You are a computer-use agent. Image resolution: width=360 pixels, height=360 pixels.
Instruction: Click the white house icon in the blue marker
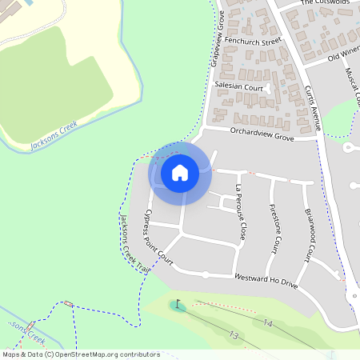[x=180, y=172]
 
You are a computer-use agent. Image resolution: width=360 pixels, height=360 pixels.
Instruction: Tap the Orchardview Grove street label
[x=262, y=134]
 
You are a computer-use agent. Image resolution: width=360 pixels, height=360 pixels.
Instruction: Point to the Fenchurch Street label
[x=254, y=39]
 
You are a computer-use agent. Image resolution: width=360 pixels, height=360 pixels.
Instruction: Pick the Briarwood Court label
[x=309, y=234]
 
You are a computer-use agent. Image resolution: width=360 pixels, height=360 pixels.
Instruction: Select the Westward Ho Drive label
[x=266, y=281]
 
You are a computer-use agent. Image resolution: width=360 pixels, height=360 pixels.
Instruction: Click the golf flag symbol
[x=178, y=304]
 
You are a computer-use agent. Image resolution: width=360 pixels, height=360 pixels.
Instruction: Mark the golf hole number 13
[x=234, y=334]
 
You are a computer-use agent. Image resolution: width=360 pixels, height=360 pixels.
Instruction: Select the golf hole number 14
[x=268, y=323]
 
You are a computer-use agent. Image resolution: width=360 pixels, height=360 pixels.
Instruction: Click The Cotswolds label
[x=326, y=3]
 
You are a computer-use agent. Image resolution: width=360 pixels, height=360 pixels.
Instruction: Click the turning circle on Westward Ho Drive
[x=206, y=274]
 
